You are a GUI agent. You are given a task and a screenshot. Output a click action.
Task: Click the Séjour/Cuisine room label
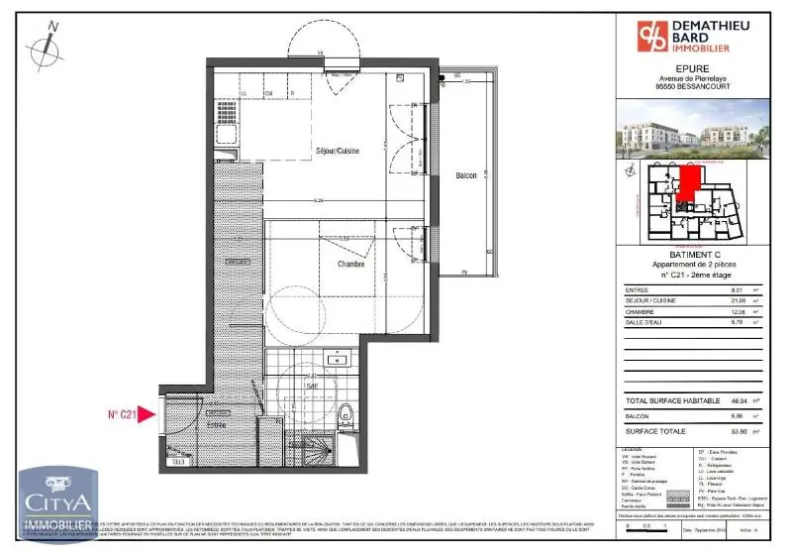click(337, 151)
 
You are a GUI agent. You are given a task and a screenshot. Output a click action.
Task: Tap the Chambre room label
click(350, 265)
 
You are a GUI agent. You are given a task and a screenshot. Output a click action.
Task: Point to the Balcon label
click(465, 176)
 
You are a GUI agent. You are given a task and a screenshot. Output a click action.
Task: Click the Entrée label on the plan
click(216, 424)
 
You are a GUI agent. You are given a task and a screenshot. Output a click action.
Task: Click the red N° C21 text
click(123, 415)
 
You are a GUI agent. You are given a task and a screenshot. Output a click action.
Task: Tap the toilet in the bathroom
click(344, 416)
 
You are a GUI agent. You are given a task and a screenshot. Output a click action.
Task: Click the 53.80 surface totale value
click(738, 431)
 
